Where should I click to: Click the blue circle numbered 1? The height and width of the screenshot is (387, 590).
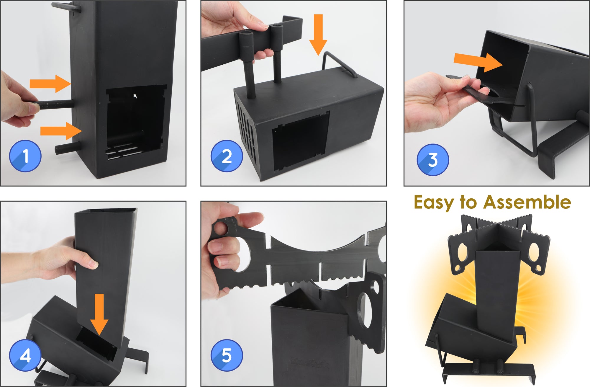pyautogui.click(x=25, y=156)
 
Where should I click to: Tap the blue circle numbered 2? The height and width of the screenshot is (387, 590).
pyautogui.click(x=227, y=156)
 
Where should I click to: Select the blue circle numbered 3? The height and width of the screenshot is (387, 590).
pyautogui.click(x=433, y=160)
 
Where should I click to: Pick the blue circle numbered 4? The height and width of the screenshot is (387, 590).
pyautogui.click(x=25, y=355)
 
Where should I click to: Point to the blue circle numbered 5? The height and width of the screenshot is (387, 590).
pyautogui.click(x=227, y=355)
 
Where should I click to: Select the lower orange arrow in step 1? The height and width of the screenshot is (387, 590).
pyautogui.click(x=60, y=131)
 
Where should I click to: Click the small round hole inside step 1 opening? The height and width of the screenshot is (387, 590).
pyautogui.click(x=135, y=96)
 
